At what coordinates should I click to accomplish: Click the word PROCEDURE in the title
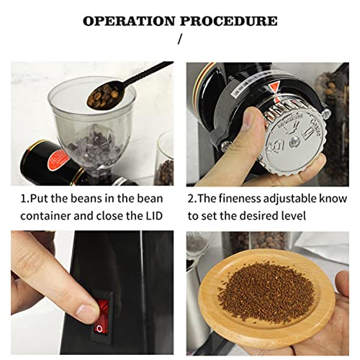tap(229, 20)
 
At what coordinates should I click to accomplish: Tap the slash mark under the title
tap(180, 40)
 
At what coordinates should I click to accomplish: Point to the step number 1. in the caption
tap(24, 196)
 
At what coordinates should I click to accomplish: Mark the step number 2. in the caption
tap(192, 196)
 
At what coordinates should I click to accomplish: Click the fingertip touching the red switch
tap(86, 311)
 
